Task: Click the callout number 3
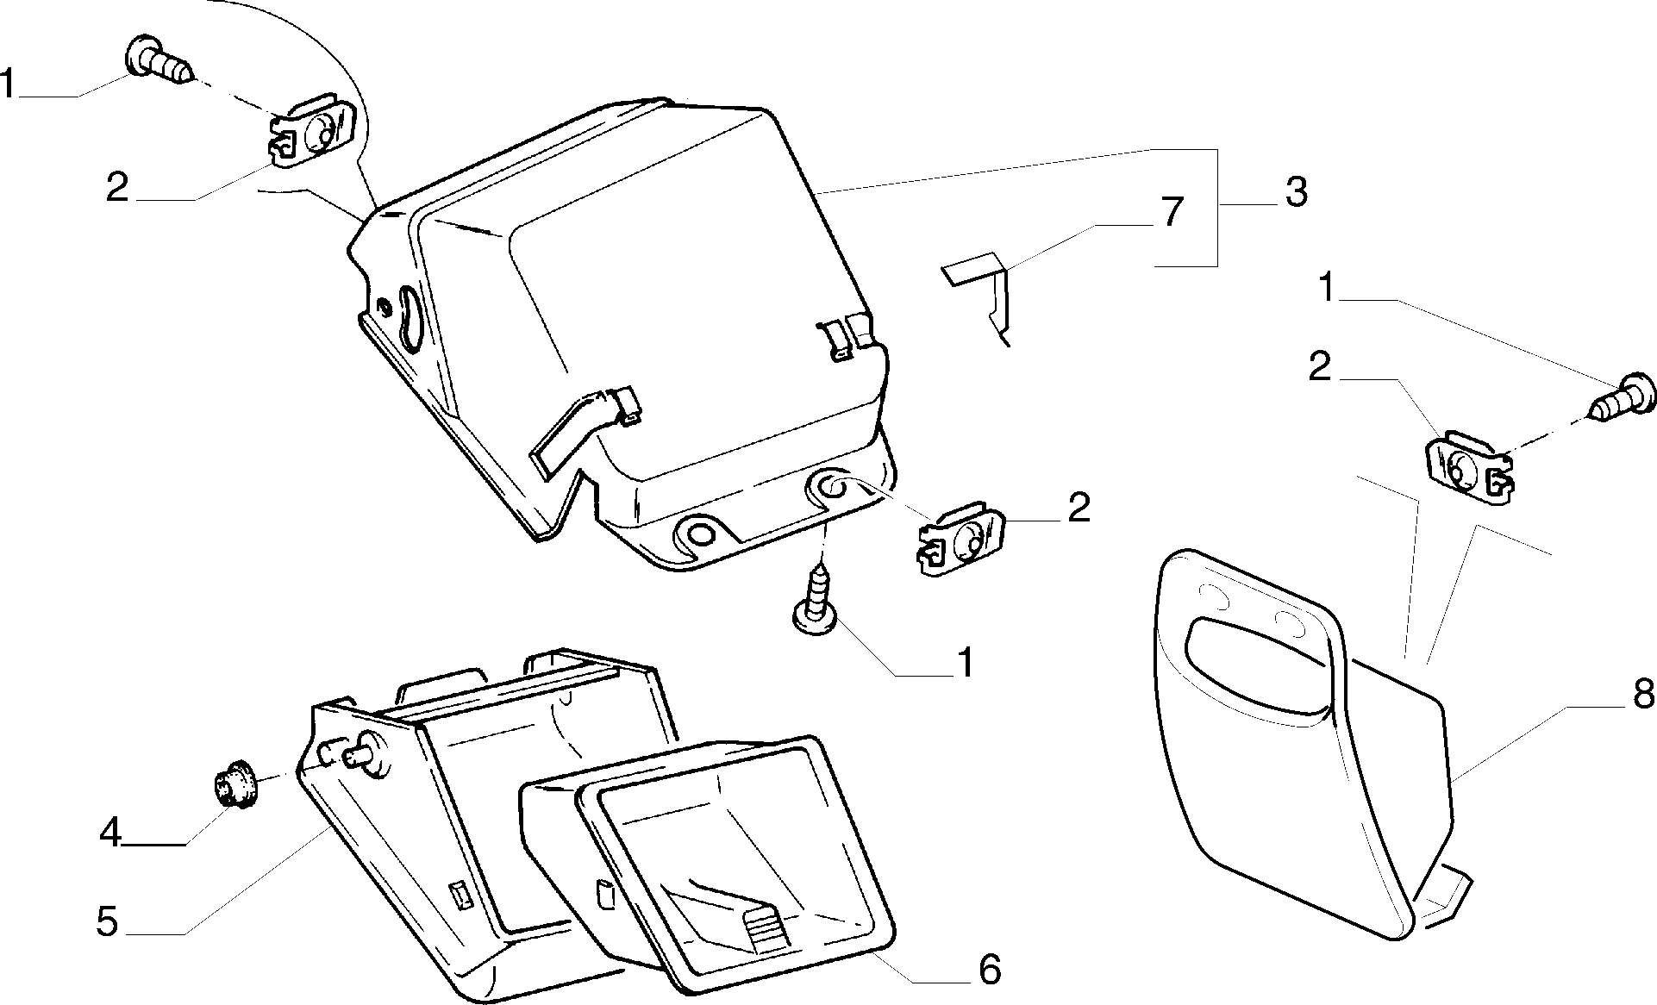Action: (1296, 192)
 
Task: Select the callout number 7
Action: (1172, 212)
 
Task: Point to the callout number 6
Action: (990, 971)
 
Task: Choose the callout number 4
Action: (109, 833)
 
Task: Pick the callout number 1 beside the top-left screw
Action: (9, 84)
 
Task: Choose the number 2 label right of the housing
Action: (1078, 508)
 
